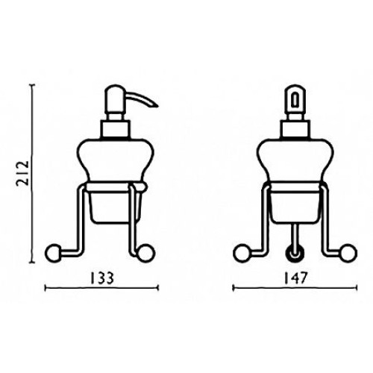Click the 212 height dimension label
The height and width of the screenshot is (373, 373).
(23, 174)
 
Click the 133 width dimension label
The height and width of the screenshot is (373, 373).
(102, 278)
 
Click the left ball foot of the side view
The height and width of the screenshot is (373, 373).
(53, 254)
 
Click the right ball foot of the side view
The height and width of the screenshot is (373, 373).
(146, 254)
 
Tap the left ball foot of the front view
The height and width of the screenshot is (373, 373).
(242, 253)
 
